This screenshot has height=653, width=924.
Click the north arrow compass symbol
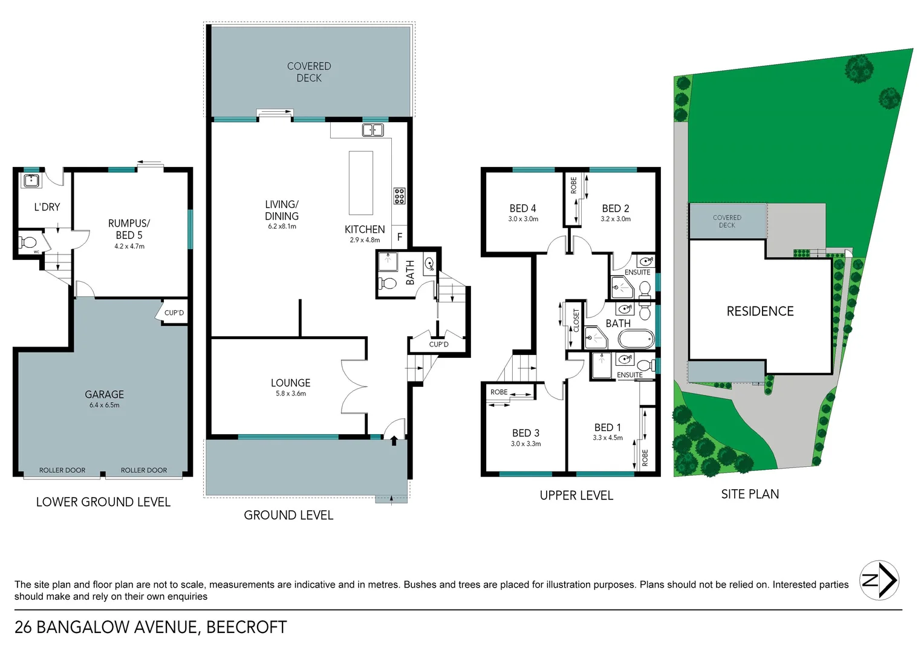point(879,580)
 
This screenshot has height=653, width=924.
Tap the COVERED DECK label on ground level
point(308,72)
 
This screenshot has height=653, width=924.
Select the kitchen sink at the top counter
point(373,130)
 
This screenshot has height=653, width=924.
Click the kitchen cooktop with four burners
point(399,196)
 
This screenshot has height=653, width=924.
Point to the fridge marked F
point(399,238)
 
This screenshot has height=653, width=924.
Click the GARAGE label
point(104,394)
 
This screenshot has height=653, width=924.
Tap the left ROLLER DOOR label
point(62,470)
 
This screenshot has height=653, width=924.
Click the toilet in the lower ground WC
point(28,243)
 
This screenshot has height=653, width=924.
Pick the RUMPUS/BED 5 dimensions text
point(129,247)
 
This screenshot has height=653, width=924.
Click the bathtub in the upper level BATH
point(636,339)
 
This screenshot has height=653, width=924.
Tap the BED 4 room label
point(522,208)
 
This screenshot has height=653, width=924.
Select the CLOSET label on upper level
point(576,320)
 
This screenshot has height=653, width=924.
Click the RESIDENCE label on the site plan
point(760,311)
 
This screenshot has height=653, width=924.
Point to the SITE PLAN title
point(750,495)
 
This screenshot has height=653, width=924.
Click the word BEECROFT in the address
point(246,628)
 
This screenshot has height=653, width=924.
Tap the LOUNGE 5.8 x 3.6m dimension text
point(291,394)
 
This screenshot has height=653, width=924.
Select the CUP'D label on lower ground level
point(174,313)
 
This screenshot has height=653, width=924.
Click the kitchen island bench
point(360,183)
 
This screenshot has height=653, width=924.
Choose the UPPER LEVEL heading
point(576,496)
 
